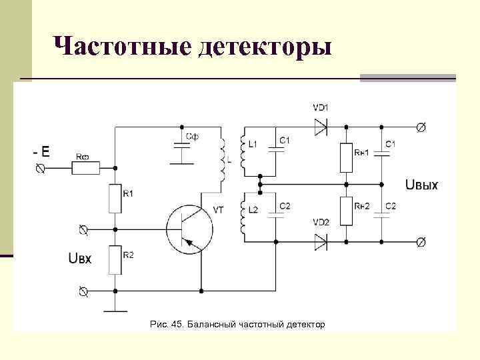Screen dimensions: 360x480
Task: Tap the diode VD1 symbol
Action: [x=321, y=127]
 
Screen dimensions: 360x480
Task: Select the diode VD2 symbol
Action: [x=321, y=241]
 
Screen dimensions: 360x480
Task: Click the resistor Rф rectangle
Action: [x=85, y=169]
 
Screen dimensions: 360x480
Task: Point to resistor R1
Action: [x=115, y=198]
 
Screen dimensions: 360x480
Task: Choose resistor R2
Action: [x=115, y=259]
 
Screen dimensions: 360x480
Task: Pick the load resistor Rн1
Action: [x=346, y=157]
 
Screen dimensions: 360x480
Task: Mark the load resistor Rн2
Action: [x=346, y=211]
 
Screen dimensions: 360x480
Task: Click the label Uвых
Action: [x=421, y=184]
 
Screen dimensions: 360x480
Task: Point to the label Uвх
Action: [x=81, y=257]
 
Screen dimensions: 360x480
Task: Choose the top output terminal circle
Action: [x=421, y=127]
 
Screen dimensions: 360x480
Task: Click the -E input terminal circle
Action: [x=41, y=169]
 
